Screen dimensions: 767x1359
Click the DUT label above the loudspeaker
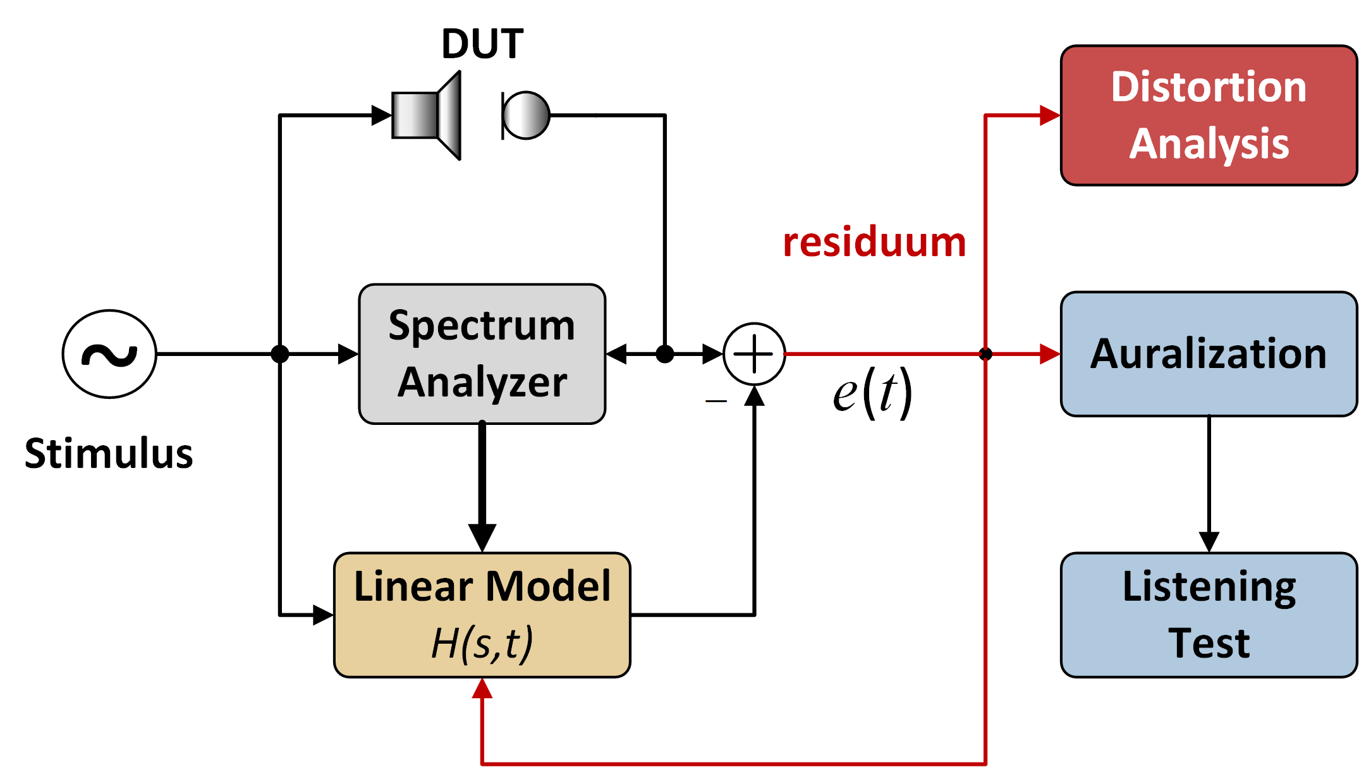pyautogui.click(x=482, y=44)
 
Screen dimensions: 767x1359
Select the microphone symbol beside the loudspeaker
pyautogui.click(x=526, y=115)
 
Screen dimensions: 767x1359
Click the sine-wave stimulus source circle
pyautogui.click(x=109, y=354)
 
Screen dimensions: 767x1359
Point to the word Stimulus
pyautogui.click(x=109, y=453)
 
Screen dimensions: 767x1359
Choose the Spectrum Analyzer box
pyautogui.click(x=482, y=354)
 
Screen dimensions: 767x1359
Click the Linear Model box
pyautogui.click(x=482, y=615)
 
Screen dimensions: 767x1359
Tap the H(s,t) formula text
pyautogui.click(x=482, y=644)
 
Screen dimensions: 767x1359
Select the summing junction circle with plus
pyautogui.click(x=754, y=354)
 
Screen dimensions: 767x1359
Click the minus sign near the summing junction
pyautogui.click(x=716, y=401)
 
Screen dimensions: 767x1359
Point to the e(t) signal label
pyautogui.click(x=872, y=393)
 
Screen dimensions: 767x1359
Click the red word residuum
pyautogui.click(x=874, y=242)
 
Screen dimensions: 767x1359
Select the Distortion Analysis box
pyautogui.click(x=1209, y=115)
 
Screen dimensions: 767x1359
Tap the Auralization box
pyautogui.click(x=1209, y=354)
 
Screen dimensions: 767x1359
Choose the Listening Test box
pyautogui.click(x=1209, y=615)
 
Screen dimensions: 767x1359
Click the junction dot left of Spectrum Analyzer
pyautogui.click(x=280, y=354)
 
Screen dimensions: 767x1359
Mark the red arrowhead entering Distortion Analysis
pyautogui.click(x=1050, y=115)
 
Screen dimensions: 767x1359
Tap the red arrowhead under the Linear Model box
pyautogui.click(x=482, y=689)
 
